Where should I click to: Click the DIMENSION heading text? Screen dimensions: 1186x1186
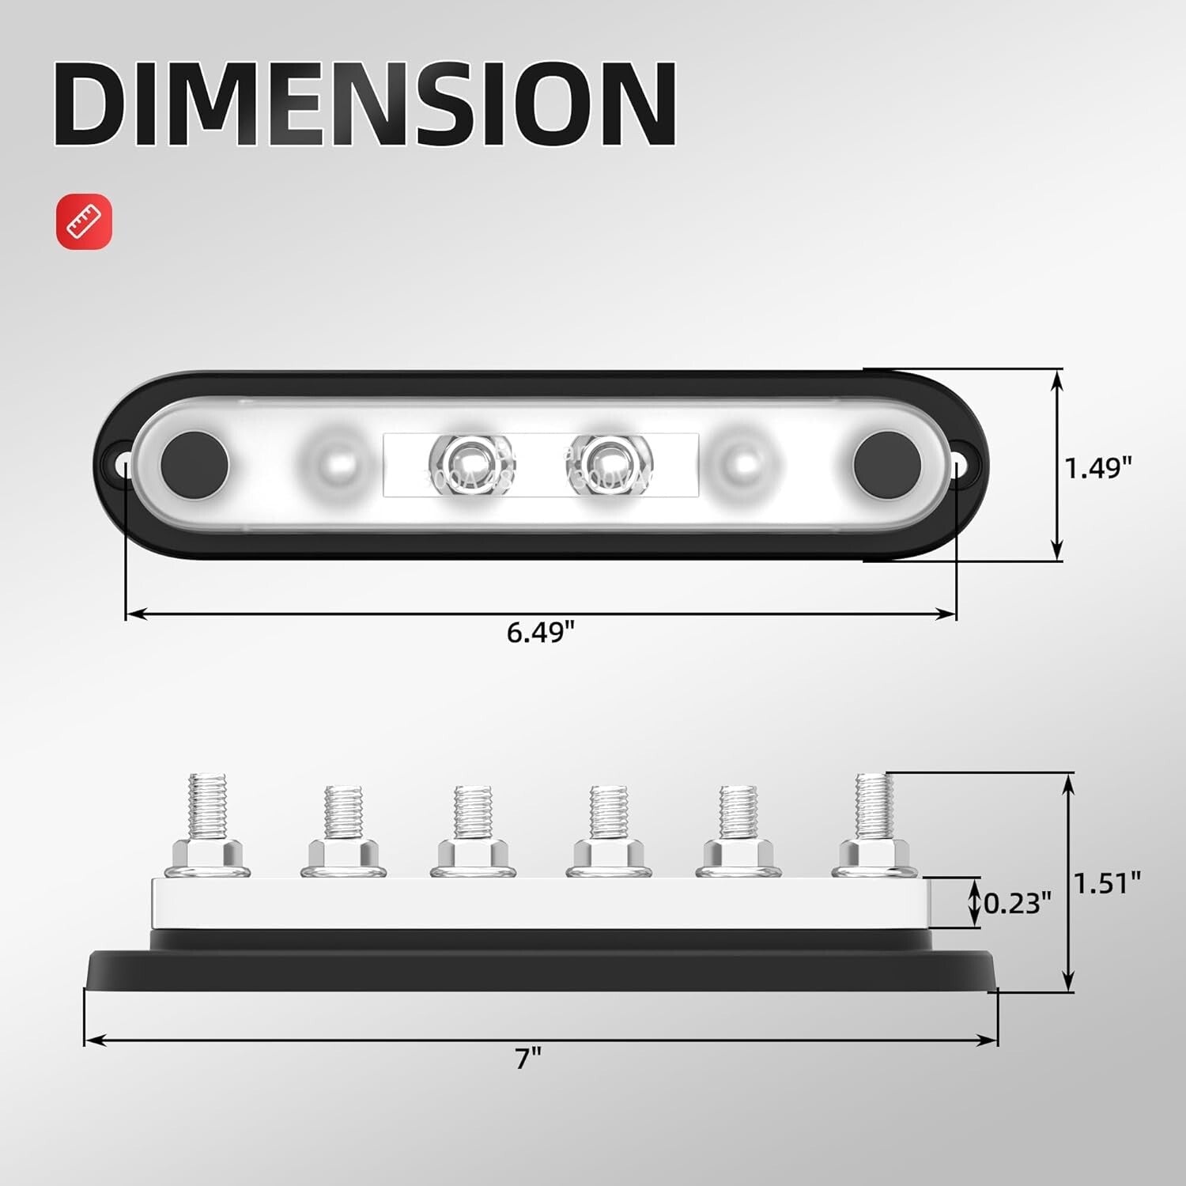[x=364, y=103]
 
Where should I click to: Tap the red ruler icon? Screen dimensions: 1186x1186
[x=84, y=221]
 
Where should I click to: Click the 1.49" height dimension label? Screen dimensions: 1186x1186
[x=1097, y=468]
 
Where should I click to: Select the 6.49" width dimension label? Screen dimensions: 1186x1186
[x=540, y=633]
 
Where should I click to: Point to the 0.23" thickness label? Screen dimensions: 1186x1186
[x=1017, y=902]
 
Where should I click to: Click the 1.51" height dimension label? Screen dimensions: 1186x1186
[x=1107, y=882]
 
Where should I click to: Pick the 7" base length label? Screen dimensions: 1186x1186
[x=527, y=1058]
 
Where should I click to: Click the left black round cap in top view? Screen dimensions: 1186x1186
[x=195, y=464]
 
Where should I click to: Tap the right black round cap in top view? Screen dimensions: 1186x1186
[x=887, y=464]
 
